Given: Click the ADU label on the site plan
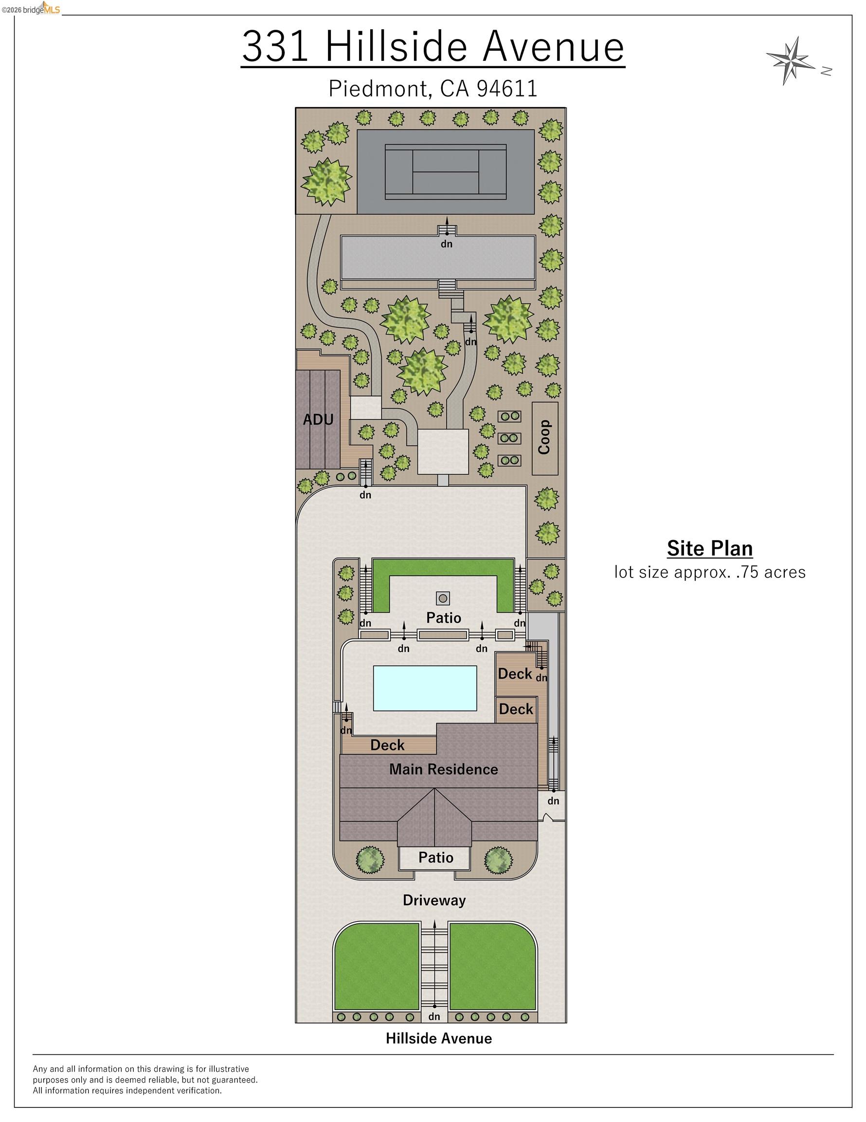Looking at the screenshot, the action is [318, 419].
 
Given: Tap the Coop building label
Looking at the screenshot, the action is [544, 437].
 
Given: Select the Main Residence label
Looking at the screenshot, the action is [444, 769].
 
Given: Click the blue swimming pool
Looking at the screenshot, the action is [425, 689].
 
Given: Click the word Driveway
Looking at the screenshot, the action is [434, 900].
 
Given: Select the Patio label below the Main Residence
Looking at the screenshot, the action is [436, 858].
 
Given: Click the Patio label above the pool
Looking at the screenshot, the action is [444, 617].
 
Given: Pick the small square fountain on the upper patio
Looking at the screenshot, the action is [443, 598].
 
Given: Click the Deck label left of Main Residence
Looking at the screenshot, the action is [388, 745].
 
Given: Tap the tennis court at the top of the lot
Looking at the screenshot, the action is [446, 172].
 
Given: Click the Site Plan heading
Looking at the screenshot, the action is [710, 548].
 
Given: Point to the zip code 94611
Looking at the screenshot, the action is [507, 88].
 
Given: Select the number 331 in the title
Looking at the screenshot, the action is [276, 46].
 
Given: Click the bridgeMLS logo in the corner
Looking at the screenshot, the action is [31, 9].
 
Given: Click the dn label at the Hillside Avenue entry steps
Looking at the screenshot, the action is [434, 1017].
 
